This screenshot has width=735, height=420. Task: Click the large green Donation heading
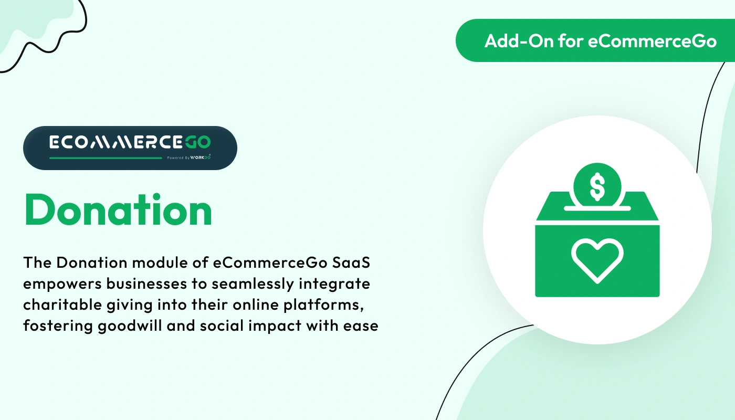click(x=118, y=210)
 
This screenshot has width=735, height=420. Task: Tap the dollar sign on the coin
click(x=597, y=187)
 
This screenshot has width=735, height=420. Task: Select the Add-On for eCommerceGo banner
click(x=595, y=40)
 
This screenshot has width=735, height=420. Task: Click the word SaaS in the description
click(x=351, y=262)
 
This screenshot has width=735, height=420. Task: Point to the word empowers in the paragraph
click(x=62, y=284)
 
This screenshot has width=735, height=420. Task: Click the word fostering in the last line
click(x=58, y=326)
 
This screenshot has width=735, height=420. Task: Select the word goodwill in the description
click(x=130, y=326)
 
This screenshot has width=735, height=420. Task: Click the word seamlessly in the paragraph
click(x=253, y=284)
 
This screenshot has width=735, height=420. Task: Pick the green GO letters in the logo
click(x=197, y=142)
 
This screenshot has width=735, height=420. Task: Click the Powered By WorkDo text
click(x=188, y=157)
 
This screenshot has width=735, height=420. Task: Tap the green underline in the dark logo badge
click(x=106, y=158)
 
